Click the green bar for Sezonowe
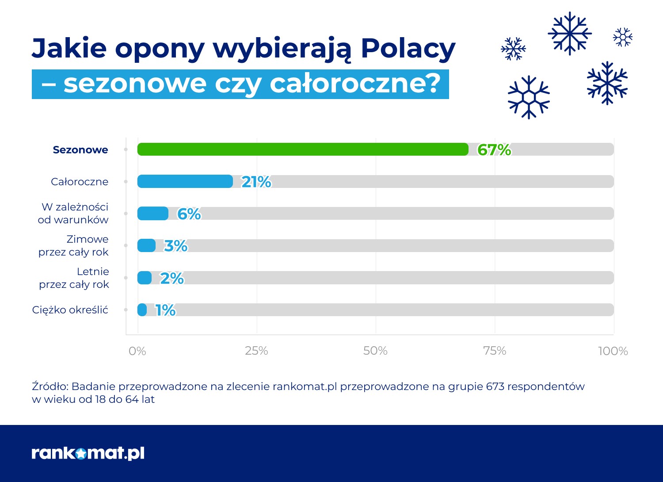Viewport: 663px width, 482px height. point(303,149)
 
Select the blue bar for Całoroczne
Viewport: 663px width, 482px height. point(185,181)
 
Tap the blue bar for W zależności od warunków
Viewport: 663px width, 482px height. point(152,214)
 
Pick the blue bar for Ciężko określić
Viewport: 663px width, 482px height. point(142,310)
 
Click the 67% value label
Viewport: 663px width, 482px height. point(494,150)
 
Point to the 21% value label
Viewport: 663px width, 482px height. point(256,182)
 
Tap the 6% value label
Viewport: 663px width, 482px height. point(189,214)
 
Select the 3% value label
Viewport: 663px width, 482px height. point(176,246)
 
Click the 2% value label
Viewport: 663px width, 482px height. point(172,278)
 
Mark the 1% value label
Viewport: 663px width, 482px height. point(166,310)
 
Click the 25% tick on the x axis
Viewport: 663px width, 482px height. point(256,351)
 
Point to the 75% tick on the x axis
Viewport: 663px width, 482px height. point(495,351)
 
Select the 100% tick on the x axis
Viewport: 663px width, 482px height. point(613,351)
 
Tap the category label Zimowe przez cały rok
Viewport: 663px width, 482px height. point(73,245)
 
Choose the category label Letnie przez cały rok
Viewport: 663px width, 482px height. point(74,278)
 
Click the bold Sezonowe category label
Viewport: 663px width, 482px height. point(80,150)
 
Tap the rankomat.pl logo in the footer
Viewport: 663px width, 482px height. point(88,453)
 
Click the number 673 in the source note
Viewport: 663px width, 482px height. point(495,386)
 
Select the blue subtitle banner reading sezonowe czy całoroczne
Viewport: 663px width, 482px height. point(240,84)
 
